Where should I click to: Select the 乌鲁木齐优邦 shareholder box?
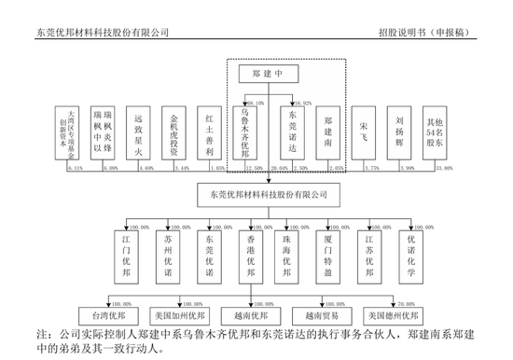point(243,136)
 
